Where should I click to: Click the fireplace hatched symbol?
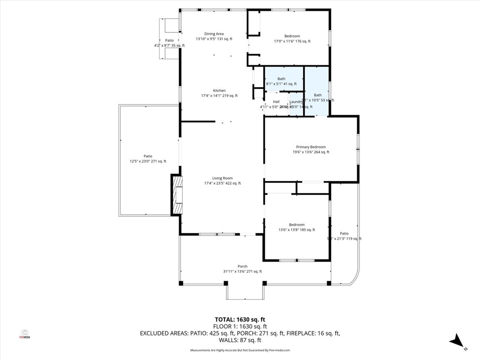[177, 195]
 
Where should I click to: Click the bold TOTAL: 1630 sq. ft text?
[240, 320]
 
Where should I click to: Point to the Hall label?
[276, 102]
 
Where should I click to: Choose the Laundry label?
[296, 102]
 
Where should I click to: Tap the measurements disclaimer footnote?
[240, 350]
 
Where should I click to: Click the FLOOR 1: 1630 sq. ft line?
[240, 326]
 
